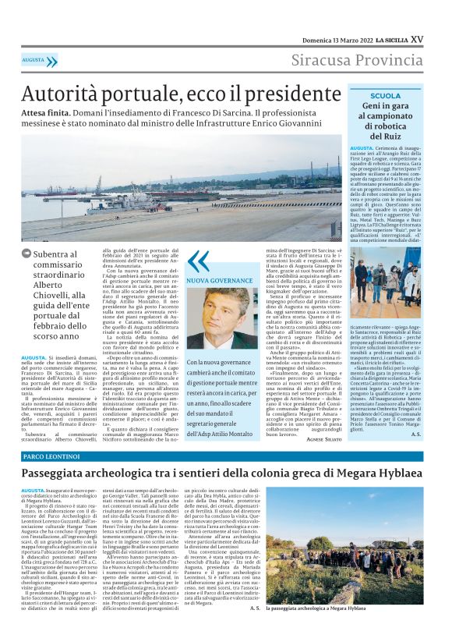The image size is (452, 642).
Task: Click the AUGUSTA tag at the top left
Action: coord(34,60)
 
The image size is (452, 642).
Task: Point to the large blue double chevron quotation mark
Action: coord(199,261)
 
